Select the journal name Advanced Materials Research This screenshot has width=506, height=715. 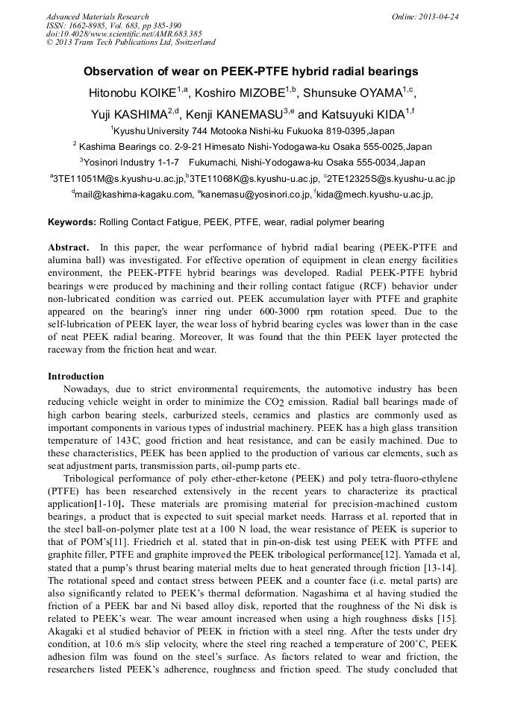[97, 16]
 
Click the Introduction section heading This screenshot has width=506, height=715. [76, 377]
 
